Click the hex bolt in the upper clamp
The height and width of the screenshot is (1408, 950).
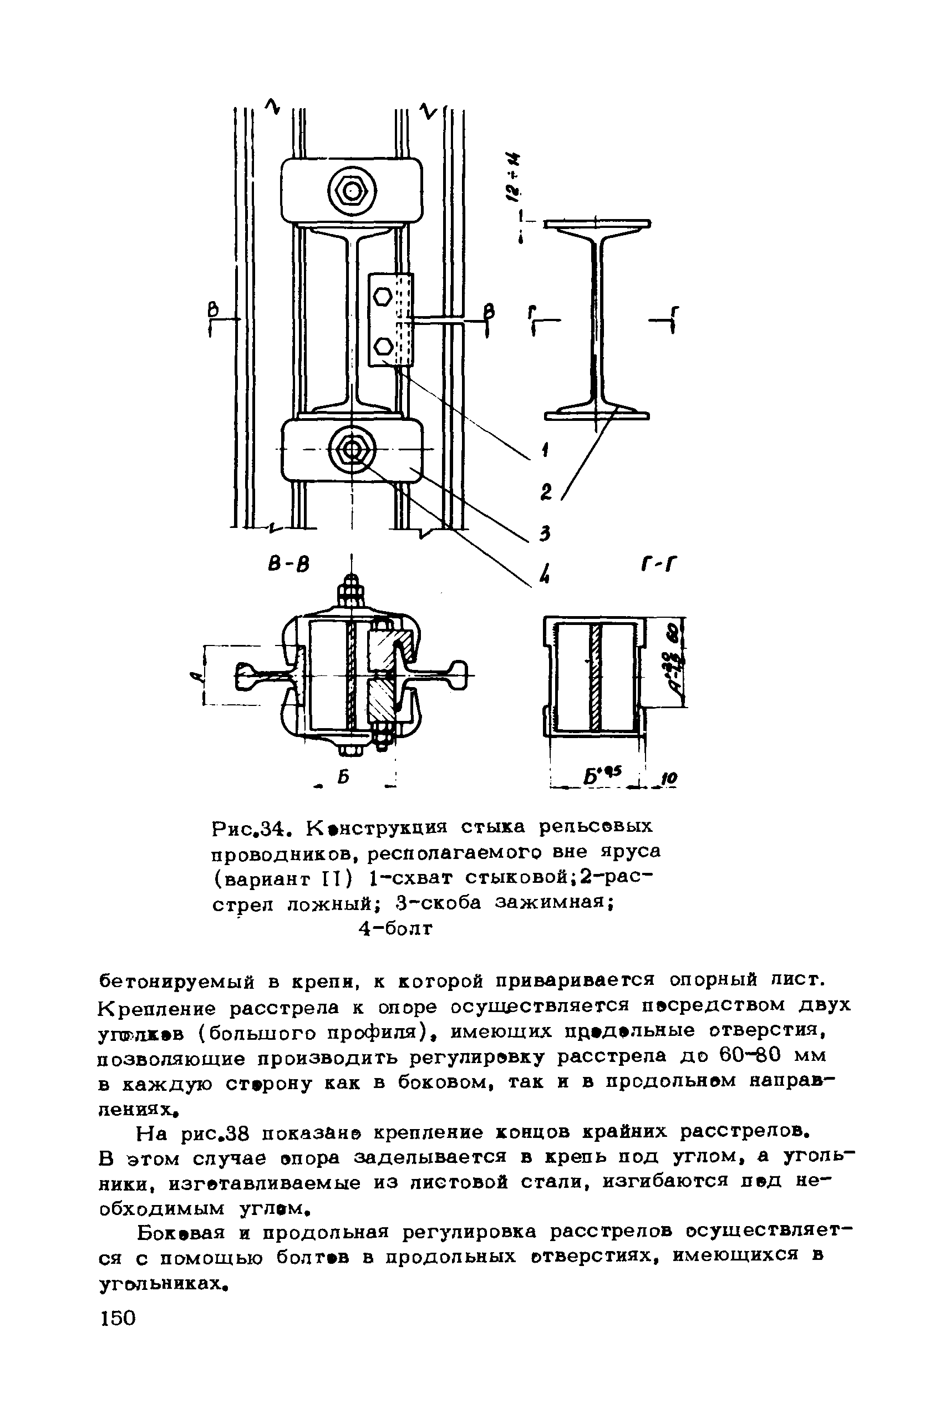[x=352, y=192]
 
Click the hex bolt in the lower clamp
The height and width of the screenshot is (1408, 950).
[x=352, y=450]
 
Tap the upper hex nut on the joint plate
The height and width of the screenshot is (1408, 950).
[x=382, y=297]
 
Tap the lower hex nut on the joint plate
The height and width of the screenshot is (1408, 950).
[x=382, y=347]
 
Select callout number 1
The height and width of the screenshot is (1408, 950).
[x=545, y=450]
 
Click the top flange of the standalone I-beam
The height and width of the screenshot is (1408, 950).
[x=597, y=223]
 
